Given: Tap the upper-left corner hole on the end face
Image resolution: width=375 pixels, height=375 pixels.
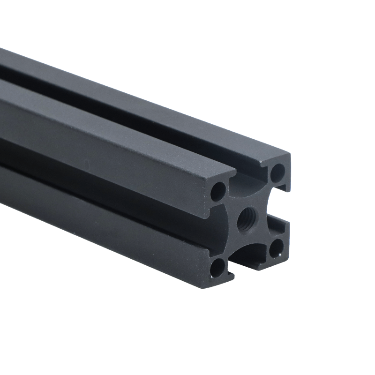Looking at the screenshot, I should (217, 191).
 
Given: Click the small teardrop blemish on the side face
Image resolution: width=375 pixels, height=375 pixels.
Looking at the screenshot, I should (85, 164).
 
